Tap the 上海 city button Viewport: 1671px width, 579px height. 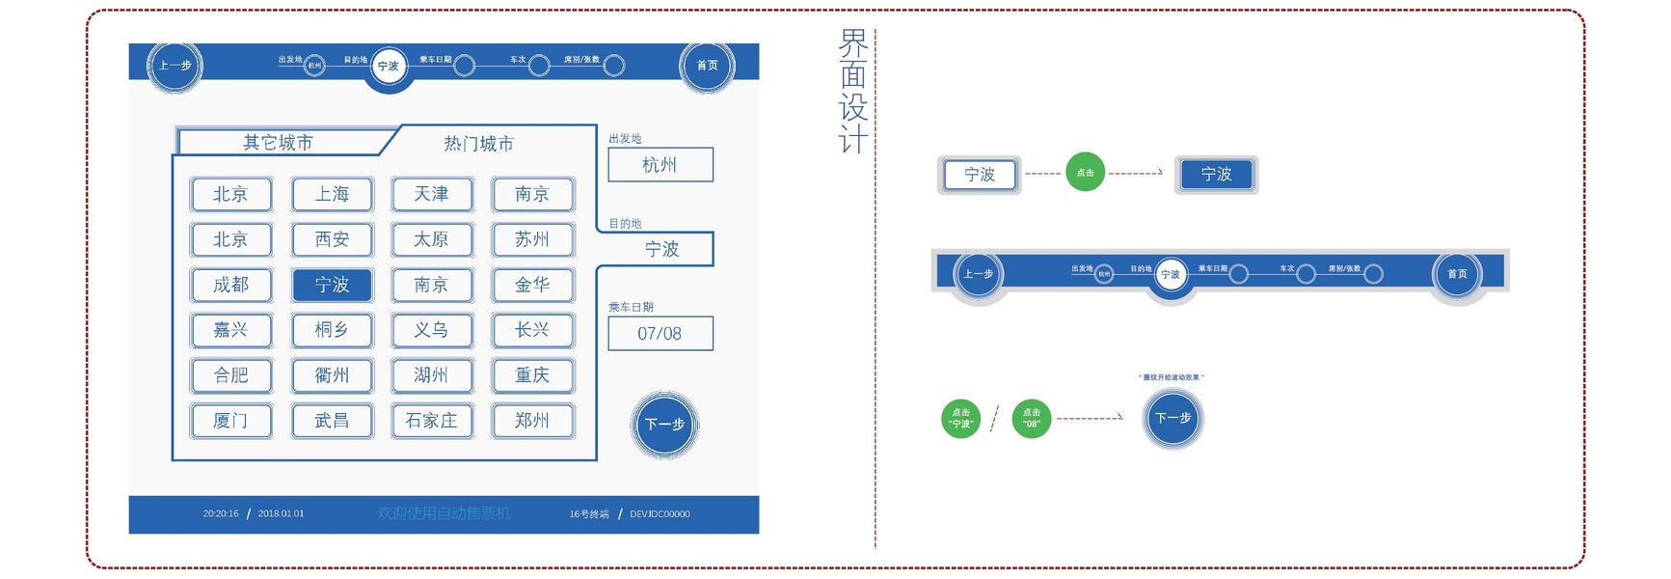pyautogui.click(x=332, y=194)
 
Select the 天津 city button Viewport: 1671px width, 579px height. pyautogui.click(x=432, y=194)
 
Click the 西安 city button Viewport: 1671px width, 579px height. pyautogui.click(x=332, y=239)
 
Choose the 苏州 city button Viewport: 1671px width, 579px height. pyautogui.click(x=532, y=239)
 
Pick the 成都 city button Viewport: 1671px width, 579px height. pyautogui.click(x=231, y=285)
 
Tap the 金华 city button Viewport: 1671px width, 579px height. pyautogui.click(x=532, y=285)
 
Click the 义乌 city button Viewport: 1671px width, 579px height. pyautogui.click(x=432, y=330)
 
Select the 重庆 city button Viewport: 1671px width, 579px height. pyautogui.click(x=532, y=375)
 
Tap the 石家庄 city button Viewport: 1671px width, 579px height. pyautogui.click(x=432, y=421)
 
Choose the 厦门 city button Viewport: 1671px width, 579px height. pyautogui.click(x=231, y=421)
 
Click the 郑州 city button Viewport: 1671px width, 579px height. pyautogui.click(x=532, y=421)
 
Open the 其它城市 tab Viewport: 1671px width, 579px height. pyautogui.click(x=279, y=143)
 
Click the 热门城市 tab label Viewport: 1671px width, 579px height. pyautogui.click(x=479, y=144)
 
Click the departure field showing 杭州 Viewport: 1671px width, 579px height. pyautogui.click(x=660, y=165)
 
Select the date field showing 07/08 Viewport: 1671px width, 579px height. pyautogui.click(x=660, y=334)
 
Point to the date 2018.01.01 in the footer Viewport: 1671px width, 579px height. pyautogui.click(x=281, y=514)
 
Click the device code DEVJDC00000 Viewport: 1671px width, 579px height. pyautogui.click(x=660, y=514)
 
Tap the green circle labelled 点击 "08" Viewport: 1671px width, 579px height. pyautogui.click(x=1032, y=419)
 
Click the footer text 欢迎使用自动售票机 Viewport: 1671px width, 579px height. pyautogui.click(x=444, y=513)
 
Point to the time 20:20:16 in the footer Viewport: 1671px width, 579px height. pyautogui.click(x=221, y=514)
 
